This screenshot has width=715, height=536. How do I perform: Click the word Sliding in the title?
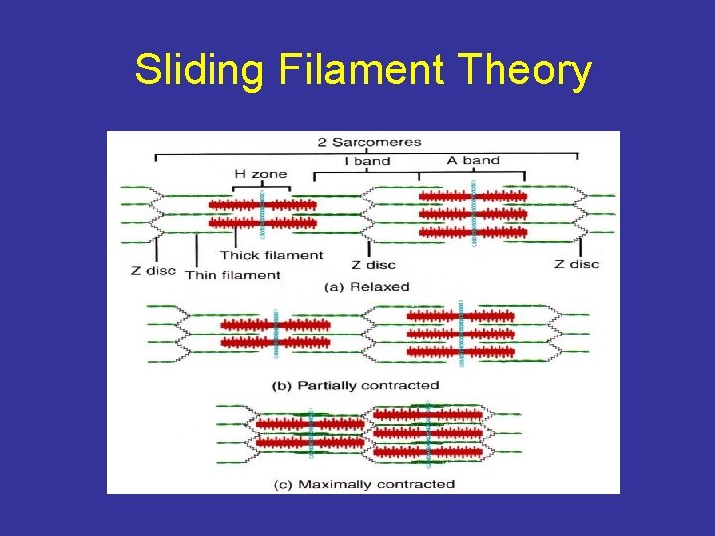click(x=199, y=70)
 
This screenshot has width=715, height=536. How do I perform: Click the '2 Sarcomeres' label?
click(x=369, y=141)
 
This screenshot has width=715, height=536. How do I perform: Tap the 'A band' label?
click(x=473, y=159)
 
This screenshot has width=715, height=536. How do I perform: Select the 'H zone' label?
click(x=261, y=174)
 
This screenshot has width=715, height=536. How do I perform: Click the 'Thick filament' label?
click(x=272, y=255)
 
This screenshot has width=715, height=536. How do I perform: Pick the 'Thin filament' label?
click(x=232, y=274)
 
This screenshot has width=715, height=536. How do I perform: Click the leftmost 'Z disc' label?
click(x=153, y=270)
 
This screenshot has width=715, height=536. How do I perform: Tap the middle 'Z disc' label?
click(x=373, y=264)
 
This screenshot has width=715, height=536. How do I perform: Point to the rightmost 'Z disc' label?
click(x=577, y=264)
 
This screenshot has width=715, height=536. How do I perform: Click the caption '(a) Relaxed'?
click(x=367, y=286)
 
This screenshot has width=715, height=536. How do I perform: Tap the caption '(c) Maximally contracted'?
click(x=362, y=484)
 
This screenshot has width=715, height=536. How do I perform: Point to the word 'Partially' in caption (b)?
click(x=332, y=385)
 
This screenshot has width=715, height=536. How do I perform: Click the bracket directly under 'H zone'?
click(x=261, y=187)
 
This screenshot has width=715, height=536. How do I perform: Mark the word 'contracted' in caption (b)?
click(x=401, y=385)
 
